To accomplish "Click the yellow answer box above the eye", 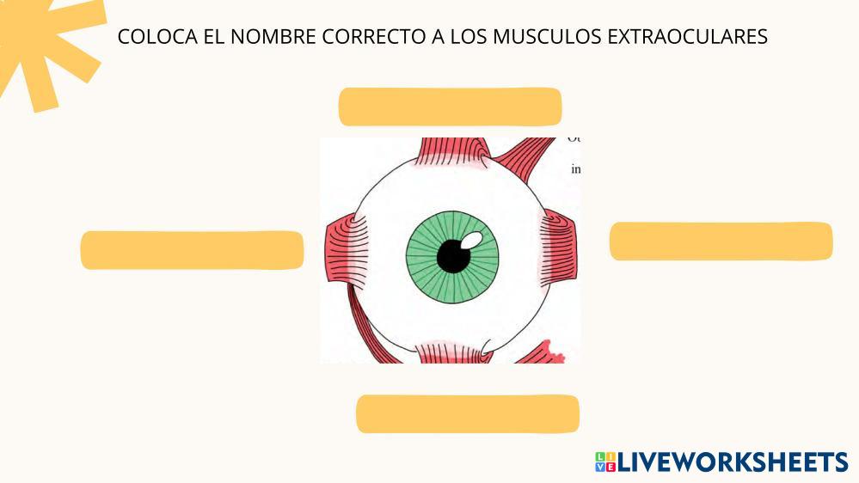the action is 450,107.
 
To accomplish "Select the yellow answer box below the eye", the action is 467,413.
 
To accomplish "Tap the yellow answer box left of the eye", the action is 192,250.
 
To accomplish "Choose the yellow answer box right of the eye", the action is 721,241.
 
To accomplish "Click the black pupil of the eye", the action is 451,255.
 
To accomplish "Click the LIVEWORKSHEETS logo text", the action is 732,462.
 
